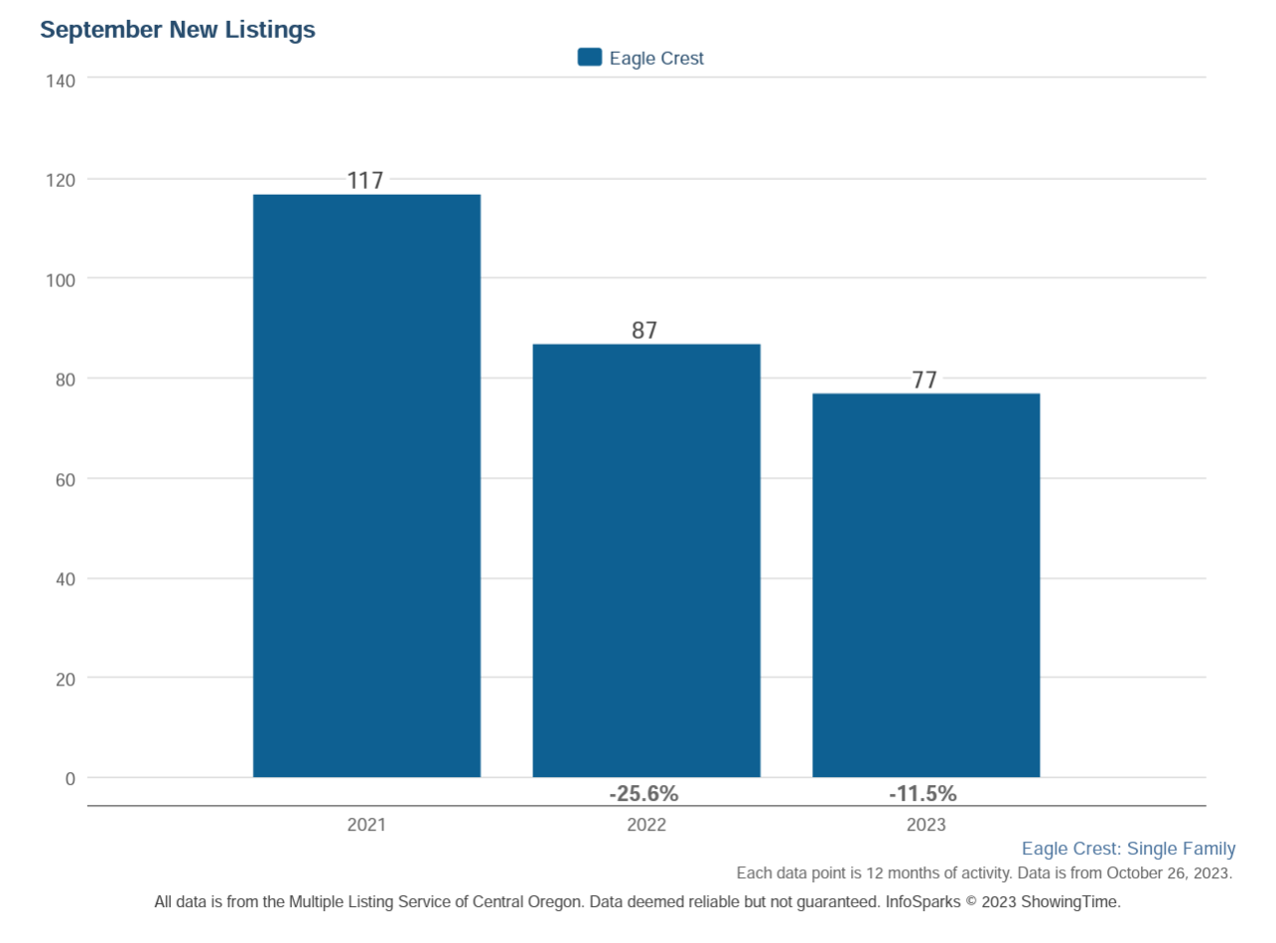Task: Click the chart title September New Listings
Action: pos(178,30)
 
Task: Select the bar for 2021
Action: pos(366,486)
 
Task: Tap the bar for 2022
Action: pos(646,560)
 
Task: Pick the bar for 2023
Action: pos(925,585)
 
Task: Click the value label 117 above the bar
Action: pos(364,181)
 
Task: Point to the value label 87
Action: pos(644,331)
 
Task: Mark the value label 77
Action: pos(924,381)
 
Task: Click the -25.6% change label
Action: pos(643,794)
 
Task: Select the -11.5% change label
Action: pos(922,794)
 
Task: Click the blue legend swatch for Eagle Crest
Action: pos(590,58)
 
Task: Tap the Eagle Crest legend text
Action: pos(656,59)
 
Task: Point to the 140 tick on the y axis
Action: pos(61,80)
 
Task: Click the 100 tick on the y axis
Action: pos(61,280)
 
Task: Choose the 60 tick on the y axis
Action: pos(65,480)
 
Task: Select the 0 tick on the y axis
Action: pos(70,779)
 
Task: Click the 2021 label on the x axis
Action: pos(366,826)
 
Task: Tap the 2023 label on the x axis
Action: pos(925,826)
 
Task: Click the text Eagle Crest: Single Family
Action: pos(1128,849)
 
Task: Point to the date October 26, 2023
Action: pos(1169,873)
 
